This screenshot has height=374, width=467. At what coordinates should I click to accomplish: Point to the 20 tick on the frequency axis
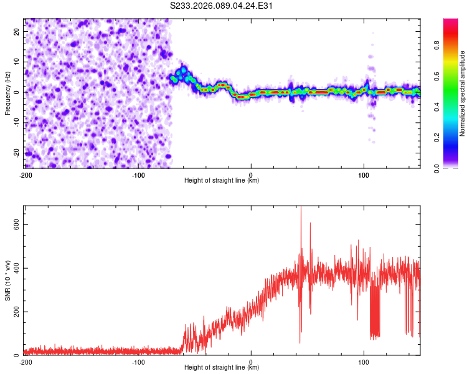point(17,31)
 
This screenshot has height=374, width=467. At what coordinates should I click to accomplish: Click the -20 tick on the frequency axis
point(16,153)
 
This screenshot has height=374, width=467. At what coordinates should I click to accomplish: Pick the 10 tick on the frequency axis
point(17,62)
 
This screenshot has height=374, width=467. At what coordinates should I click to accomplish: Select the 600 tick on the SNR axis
point(14,224)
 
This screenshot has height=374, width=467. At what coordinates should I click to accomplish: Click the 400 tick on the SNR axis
point(14,268)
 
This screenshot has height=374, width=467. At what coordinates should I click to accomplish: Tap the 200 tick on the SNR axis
point(14,312)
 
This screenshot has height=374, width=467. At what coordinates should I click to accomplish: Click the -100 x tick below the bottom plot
point(138,362)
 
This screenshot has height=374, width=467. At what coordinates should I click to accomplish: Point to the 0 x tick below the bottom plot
point(251,362)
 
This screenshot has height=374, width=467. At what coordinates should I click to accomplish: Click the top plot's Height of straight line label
point(222,181)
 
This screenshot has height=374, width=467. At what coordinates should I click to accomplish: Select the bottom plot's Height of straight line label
point(222,368)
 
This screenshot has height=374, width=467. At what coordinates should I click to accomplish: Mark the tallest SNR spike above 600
point(301,208)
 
